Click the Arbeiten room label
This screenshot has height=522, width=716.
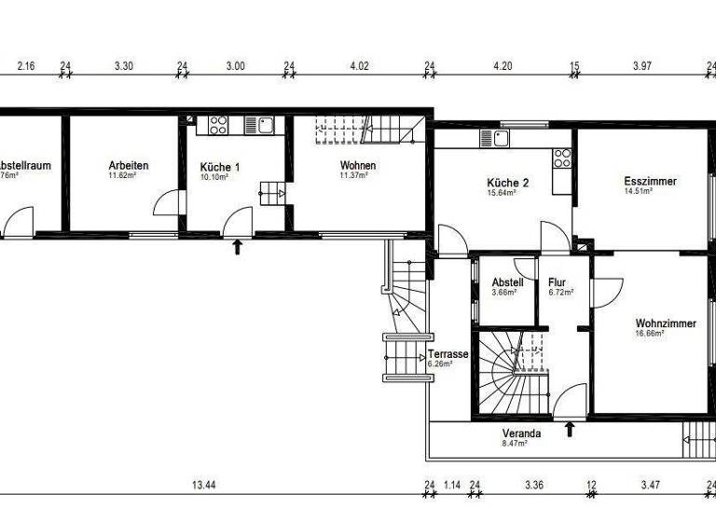129,166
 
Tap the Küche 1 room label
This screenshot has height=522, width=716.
220,168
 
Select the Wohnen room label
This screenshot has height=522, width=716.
357,166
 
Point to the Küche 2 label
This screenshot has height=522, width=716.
507,183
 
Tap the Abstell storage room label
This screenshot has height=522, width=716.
507,282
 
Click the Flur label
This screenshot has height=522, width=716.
558,282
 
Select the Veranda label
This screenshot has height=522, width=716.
520,434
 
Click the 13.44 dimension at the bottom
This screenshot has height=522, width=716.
205,485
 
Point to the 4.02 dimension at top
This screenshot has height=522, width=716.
359,66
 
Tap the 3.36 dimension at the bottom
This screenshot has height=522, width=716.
534,485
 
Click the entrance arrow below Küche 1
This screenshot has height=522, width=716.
238,246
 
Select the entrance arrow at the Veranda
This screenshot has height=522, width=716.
571,429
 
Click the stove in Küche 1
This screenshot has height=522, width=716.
219,124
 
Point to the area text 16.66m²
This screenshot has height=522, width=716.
649,334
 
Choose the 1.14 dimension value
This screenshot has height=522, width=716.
452,485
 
